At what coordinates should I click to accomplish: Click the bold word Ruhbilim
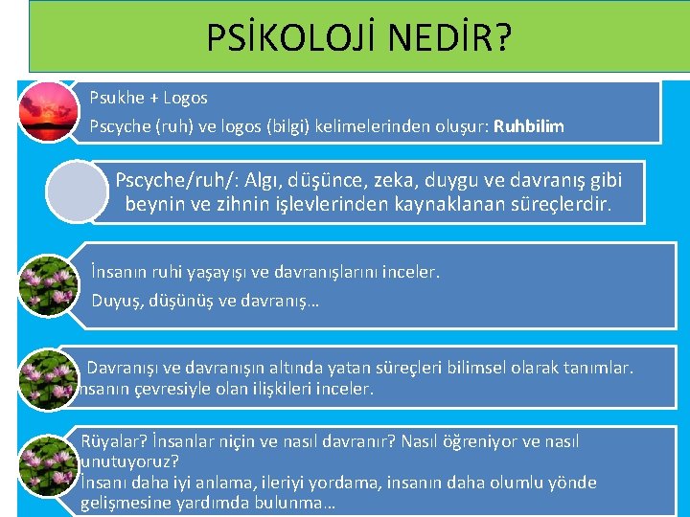click(x=529, y=125)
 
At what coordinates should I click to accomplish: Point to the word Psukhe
click(x=117, y=98)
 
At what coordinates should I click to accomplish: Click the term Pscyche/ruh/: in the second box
click(x=176, y=179)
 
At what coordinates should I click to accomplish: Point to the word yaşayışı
click(x=241, y=273)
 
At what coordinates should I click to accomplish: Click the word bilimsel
click(x=478, y=368)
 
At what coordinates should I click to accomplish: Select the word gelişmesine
click(x=126, y=503)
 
